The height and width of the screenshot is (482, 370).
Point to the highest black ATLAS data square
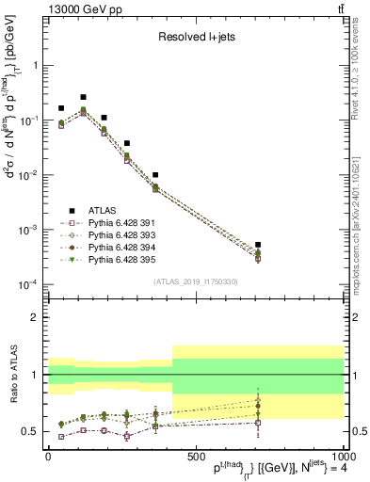(x=83, y=97)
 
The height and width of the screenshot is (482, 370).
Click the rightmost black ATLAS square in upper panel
(x=258, y=245)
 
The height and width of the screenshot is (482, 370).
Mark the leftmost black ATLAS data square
(x=61, y=108)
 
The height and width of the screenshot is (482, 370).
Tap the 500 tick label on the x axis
(x=195, y=454)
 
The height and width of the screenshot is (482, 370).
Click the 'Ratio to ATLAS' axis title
(x=11, y=375)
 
